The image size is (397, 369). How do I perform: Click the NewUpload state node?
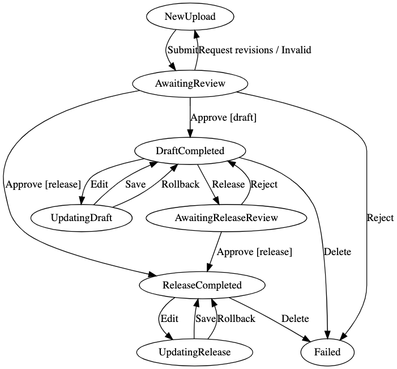190,17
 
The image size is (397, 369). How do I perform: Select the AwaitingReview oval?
190,84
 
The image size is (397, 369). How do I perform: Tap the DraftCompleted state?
190,151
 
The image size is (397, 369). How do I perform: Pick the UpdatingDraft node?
82,218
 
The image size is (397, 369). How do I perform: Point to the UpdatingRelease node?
194,352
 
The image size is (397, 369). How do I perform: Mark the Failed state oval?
327,352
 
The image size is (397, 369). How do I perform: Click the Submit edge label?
182,50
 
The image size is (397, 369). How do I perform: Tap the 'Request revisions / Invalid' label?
255,50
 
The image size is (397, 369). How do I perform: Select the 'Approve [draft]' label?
223,117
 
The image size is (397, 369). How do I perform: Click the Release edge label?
228,184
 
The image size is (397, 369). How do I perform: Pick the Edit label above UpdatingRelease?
169,319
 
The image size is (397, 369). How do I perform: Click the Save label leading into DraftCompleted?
135,184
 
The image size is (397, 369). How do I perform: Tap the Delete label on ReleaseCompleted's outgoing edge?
295,319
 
